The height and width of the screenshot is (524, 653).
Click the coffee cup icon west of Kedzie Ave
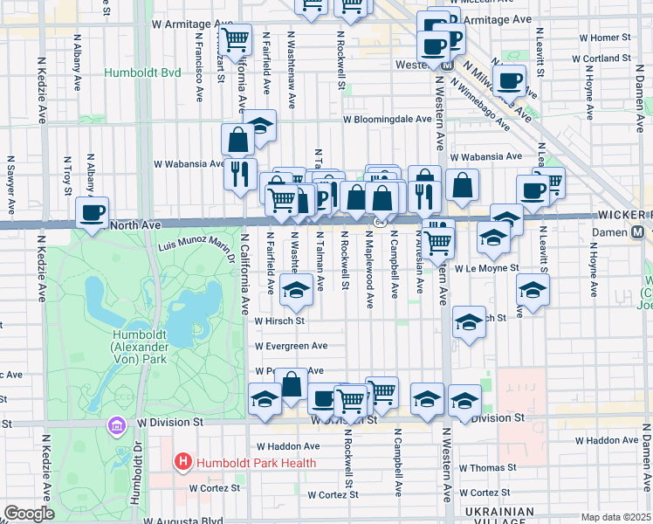pyautogui.click(x=92, y=212)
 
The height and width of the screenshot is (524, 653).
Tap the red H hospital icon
pyautogui.click(x=183, y=461)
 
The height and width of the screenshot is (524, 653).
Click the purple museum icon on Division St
pyautogui.click(x=115, y=425)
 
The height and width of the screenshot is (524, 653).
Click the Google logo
pyautogui.click(x=29, y=514)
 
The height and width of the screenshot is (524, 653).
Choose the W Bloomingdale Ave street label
pyautogui.click(x=387, y=119)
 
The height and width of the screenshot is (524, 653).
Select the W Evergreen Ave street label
pyautogui.click(x=291, y=346)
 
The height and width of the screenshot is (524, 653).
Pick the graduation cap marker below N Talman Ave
pyautogui.click(x=297, y=289)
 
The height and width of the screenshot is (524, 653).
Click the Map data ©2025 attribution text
pyautogui.click(x=615, y=517)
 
